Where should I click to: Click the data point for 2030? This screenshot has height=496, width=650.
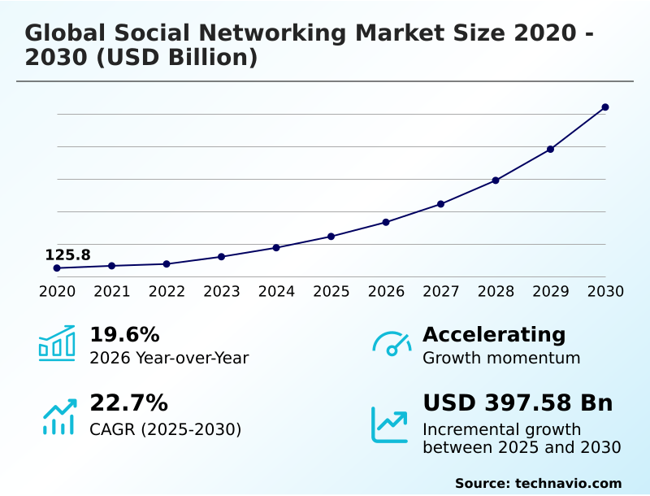(605, 107)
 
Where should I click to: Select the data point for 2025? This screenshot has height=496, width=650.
(331, 237)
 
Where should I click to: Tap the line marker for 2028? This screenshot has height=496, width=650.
(496, 181)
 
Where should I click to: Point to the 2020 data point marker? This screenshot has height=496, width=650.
(57, 268)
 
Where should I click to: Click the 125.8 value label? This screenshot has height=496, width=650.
(67, 255)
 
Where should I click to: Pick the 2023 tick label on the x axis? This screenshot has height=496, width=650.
(222, 292)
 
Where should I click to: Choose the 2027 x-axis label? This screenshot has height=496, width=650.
(441, 292)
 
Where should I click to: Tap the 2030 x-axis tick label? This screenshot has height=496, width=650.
(605, 292)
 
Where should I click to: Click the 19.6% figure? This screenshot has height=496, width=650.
(124, 335)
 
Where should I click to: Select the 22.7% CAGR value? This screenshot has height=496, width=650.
(128, 403)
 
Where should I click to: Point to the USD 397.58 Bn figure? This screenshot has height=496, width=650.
(518, 403)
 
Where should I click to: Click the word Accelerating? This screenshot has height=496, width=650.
(494, 335)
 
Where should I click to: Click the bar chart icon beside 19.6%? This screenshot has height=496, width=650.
(57, 343)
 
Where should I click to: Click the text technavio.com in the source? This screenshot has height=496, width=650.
(568, 483)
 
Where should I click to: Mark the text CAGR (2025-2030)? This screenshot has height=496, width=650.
(165, 429)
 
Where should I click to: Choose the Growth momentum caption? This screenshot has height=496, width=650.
(501, 358)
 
